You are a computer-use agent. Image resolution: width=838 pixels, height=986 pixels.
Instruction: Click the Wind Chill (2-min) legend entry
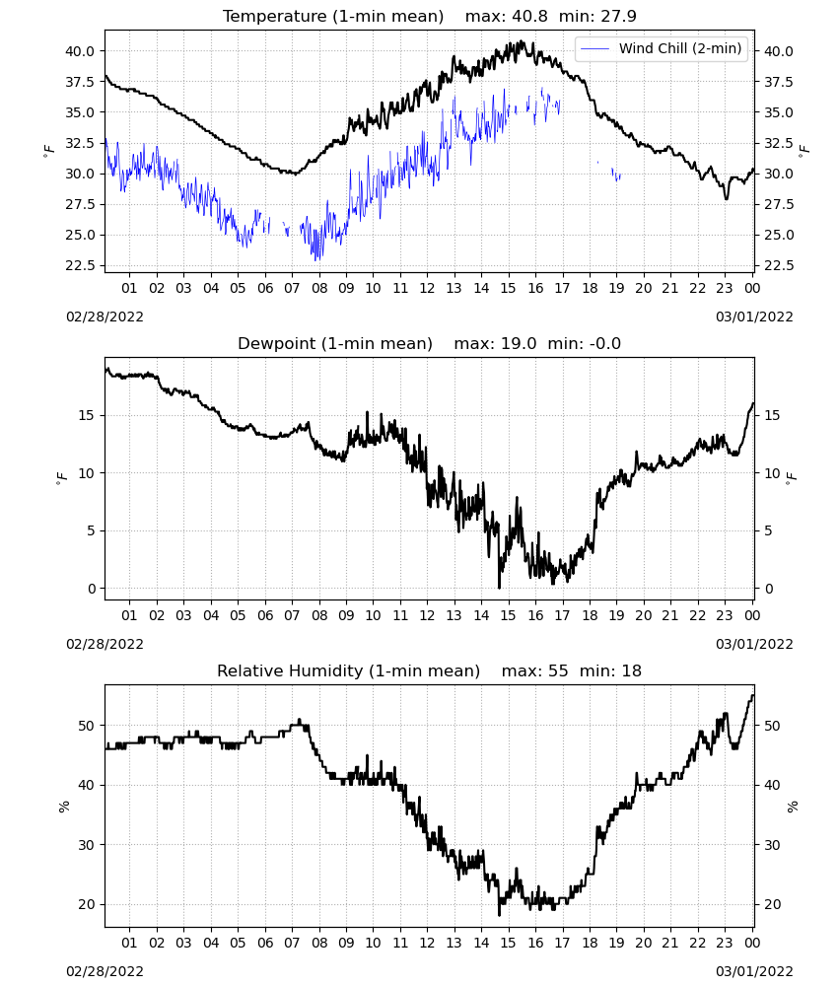[x=662, y=48]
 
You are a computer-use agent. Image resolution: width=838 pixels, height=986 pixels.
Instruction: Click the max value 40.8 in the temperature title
[x=529, y=16]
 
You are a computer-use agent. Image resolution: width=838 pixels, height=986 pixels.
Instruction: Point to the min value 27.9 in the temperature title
[x=618, y=16]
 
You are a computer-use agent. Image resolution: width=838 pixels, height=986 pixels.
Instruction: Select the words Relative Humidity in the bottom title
[x=290, y=670]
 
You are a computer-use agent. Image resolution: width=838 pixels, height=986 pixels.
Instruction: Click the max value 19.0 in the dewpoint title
[x=519, y=343]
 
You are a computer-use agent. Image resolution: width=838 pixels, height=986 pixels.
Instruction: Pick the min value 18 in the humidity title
[x=631, y=670]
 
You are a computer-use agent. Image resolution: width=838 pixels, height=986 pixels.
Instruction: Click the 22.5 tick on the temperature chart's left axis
[x=81, y=265]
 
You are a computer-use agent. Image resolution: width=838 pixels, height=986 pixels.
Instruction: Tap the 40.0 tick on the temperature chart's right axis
[x=778, y=51]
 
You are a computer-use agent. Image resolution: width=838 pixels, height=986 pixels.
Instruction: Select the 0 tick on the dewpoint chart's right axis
[x=769, y=589]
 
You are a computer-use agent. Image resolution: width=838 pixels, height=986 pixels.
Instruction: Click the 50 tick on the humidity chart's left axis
[x=87, y=725]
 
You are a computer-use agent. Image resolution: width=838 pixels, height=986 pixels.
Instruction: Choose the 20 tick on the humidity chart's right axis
[x=772, y=904]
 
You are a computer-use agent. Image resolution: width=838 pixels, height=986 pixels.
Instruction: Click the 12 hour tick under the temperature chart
[x=427, y=288]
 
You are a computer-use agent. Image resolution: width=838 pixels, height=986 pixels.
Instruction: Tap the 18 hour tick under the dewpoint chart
[x=590, y=615]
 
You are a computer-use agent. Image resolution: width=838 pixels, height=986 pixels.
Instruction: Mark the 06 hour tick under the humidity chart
[x=265, y=943]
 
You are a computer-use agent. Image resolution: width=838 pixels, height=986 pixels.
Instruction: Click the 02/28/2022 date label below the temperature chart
[x=105, y=317]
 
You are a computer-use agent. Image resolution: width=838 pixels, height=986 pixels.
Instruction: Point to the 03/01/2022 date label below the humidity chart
[x=754, y=971]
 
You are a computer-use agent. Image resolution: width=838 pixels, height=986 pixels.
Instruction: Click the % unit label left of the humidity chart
[x=63, y=807]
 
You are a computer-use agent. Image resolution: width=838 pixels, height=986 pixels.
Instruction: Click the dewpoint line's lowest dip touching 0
[x=499, y=586]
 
